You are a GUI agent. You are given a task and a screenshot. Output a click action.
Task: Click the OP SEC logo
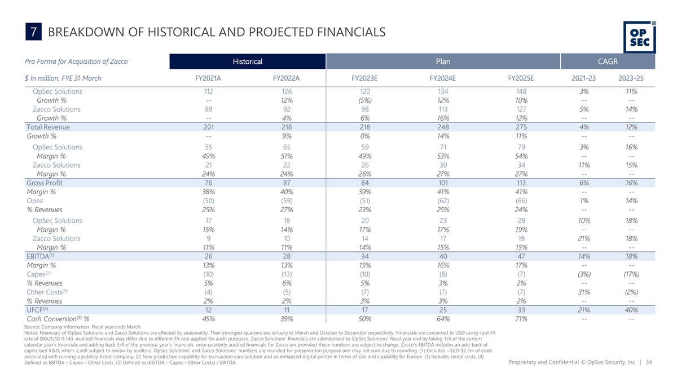point(639,36)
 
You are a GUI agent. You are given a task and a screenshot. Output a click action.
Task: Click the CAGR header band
point(608,61)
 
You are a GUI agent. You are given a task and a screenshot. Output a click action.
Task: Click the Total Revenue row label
point(48,127)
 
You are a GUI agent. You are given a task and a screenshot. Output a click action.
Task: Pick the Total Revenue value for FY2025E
point(521,127)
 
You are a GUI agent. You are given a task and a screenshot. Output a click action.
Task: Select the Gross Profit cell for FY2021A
point(208,182)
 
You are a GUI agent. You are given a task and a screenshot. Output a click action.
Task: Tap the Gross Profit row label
point(45,182)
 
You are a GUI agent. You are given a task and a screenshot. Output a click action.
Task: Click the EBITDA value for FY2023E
point(364,256)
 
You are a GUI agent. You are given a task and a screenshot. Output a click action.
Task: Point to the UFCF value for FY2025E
point(521,310)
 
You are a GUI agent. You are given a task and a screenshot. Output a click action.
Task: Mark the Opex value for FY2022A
point(287,200)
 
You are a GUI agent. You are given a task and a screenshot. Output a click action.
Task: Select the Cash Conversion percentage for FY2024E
point(443,319)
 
